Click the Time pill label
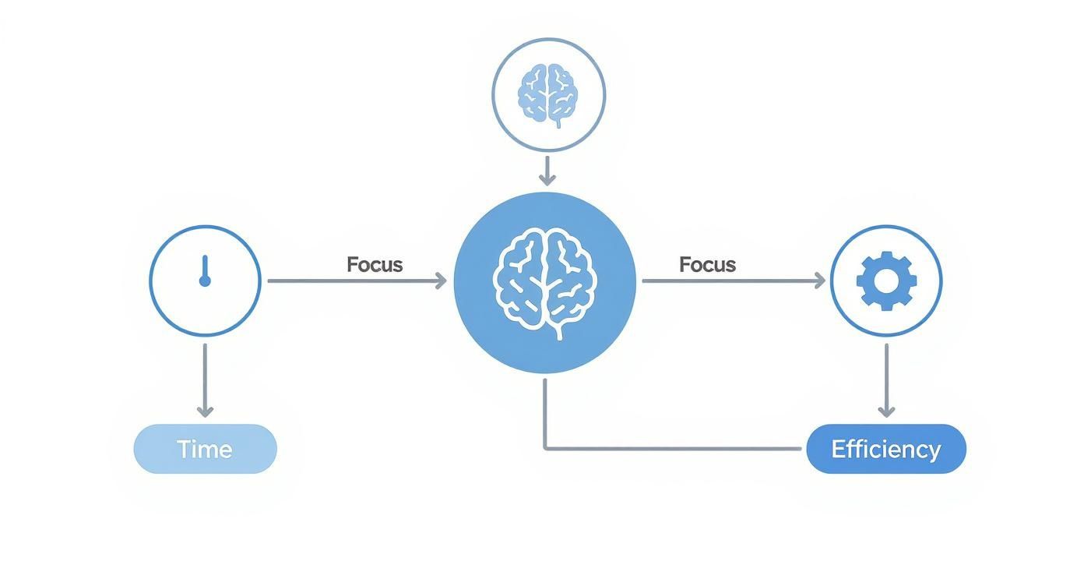[205, 449]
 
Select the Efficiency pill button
[885, 449]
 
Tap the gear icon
[886, 281]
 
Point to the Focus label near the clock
[375, 264]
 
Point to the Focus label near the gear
[707, 264]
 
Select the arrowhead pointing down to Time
[205, 410]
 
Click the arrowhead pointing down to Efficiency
[886, 410]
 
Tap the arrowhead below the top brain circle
[548, 179]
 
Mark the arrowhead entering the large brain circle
[441, 281]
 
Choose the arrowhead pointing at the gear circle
[819, 281]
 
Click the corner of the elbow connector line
[545, 448]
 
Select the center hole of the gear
[886, 281]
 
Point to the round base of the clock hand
[205, 280]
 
